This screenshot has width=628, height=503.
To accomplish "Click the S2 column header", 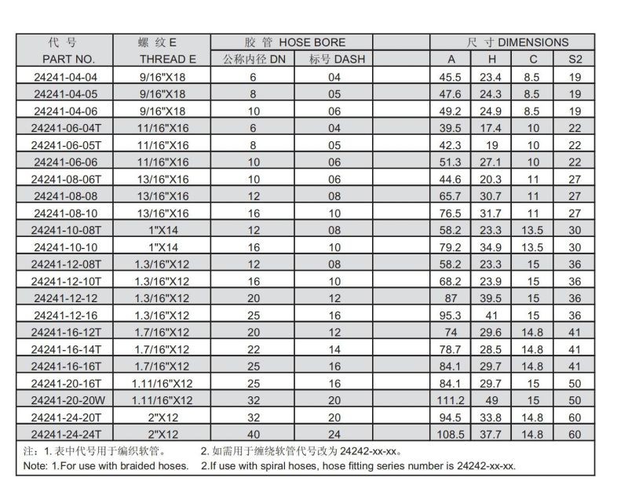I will click(575, 59).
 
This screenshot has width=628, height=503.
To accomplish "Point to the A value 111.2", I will click(451, 399).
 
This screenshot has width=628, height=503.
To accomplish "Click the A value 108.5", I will click(451, 433).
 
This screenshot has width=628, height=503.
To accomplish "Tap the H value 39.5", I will click(492, 298).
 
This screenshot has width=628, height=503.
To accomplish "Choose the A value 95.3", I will click(451, 315).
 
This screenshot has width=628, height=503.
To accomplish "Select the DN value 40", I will click(253, 433).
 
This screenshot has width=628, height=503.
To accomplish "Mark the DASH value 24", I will click(335, 433).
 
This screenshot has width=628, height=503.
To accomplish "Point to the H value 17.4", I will click(492, 128).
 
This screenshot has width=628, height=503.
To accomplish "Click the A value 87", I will click(451, 298).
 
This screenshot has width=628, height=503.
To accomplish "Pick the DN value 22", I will click(253, 349).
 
